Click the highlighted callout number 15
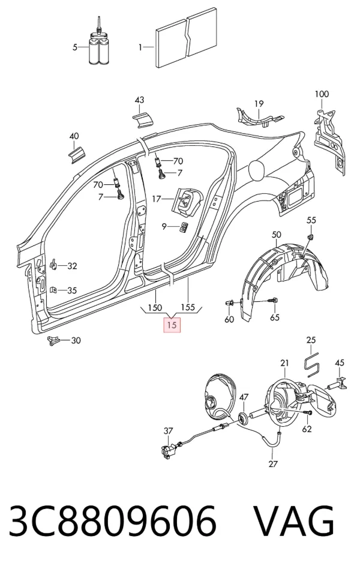[x=172, y=325]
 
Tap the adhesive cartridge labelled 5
[x=100, y=45]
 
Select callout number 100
[x=322, y=94]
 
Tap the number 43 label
[x=139, y=100]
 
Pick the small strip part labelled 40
[x=77, y=155]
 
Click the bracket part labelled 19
[x=259, y=117]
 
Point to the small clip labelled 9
[x=184, y=227]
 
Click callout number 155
[x=188, y=308]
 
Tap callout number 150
[x=155, y=308]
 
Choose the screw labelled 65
[x=272, y=301]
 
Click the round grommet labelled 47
[x=244, y=418]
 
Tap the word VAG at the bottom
[x=293, y=520]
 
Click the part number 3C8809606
[x=113, y=520]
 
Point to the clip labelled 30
[x=53, y=341]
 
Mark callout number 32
[x=72, y=266]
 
